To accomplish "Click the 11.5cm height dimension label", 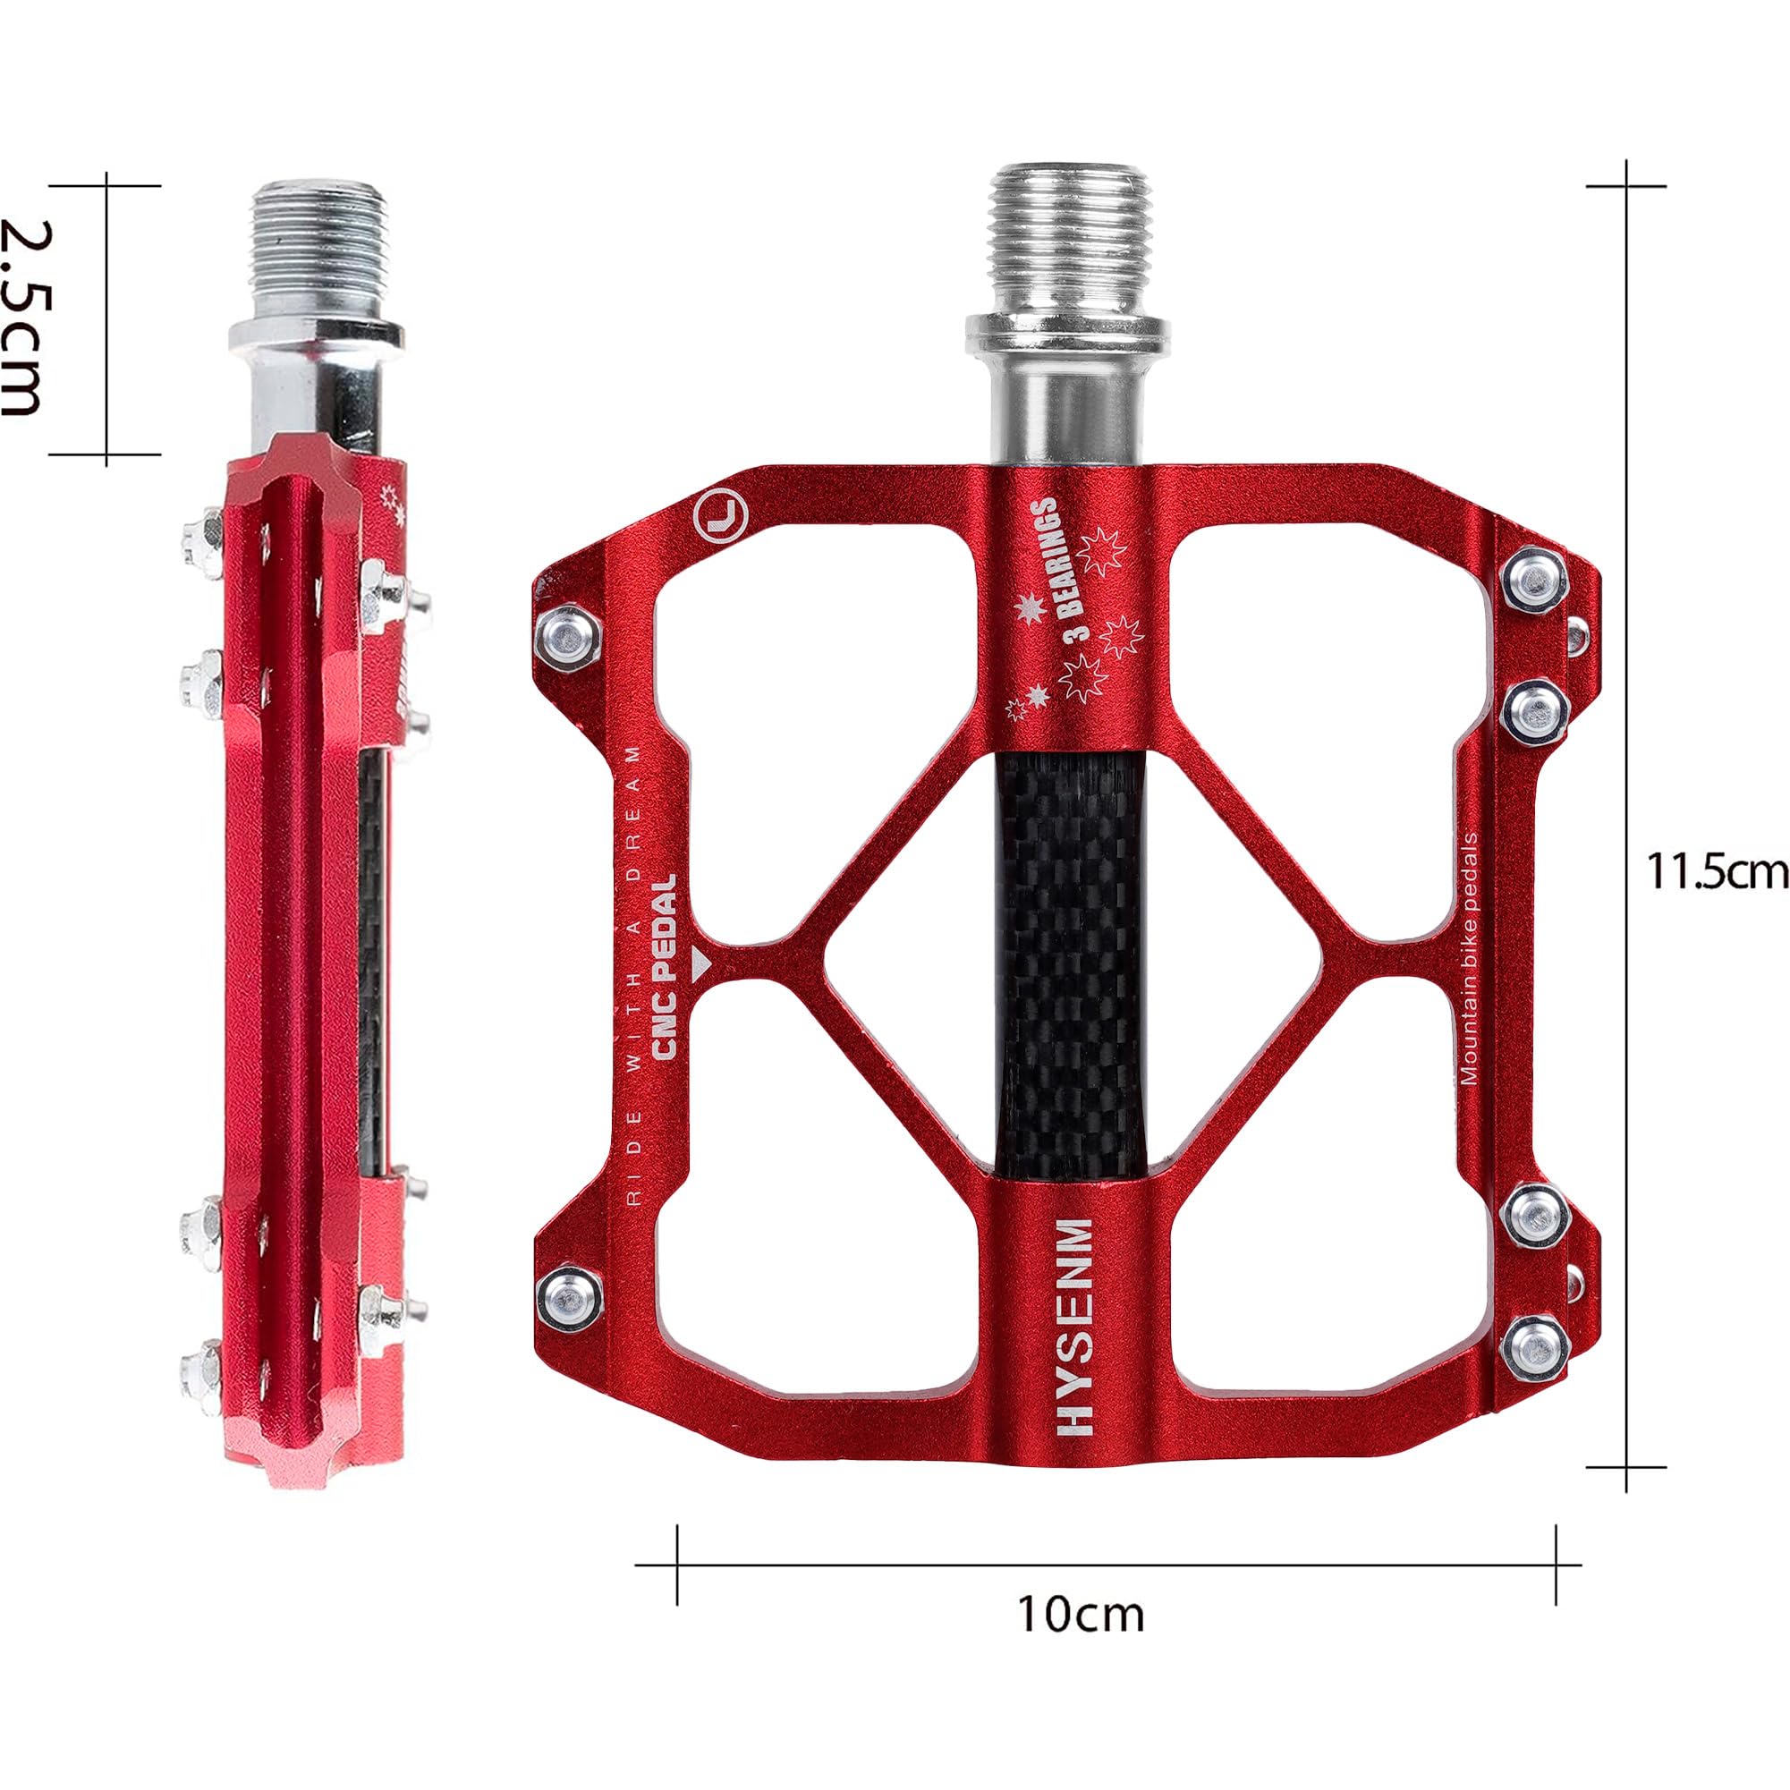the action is pyautogui.click(x=1716, y=872).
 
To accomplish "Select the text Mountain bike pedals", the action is pyautogui.click(x=1469, y=963).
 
